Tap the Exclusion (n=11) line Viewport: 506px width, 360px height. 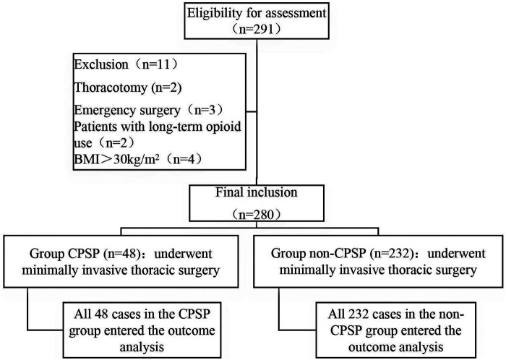[x=126, y=64]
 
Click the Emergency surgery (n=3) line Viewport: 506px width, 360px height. [x=148, y=111]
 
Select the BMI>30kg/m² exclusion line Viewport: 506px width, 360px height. [x=138, y=159]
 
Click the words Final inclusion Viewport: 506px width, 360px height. [x=256, y=192]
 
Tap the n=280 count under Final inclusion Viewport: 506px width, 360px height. [x=256, y=215]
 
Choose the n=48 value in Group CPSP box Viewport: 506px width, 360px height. [x=123, y=254]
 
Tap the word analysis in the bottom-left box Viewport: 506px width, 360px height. [x=142, y=348]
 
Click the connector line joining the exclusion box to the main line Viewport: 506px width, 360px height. [x=252, y=112]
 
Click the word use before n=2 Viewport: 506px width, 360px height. [x=83, y=144]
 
